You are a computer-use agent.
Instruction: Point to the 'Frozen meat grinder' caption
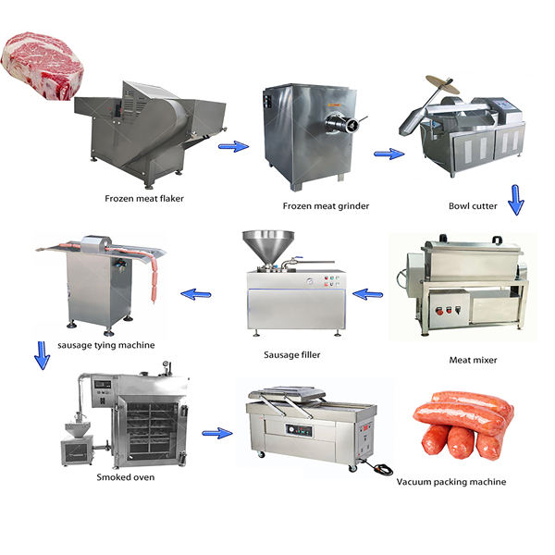[x=326, y=205]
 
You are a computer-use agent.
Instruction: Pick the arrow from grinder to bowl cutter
[x=389, y=154]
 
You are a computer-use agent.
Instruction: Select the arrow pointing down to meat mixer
[x=516, y=200]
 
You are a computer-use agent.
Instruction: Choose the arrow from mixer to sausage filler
[x=369, y=294]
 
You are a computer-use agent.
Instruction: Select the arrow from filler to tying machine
[x=195, y=294]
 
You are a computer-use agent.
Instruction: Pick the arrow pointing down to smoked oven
[x=41, y=355]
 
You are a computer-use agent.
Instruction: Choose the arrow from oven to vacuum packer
[x=216, y=432]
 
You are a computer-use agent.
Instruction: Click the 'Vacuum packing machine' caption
[x=451, y=482]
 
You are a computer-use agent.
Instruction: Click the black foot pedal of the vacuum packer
[x=378, y=470]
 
